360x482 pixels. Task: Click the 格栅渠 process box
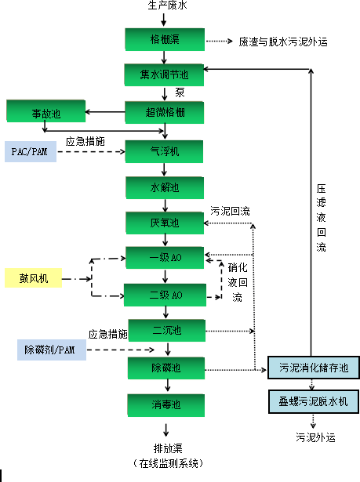tap(165, 39)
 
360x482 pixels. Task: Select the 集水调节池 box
tap(165, 75)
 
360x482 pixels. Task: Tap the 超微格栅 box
tap(165, 111)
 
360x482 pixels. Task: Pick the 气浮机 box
tap(165, 150)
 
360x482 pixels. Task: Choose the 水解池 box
tap(165, 187)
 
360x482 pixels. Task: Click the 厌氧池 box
tap(165, 223)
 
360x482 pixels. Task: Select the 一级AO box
tap(165, 258)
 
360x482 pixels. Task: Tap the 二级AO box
tap(165, 295)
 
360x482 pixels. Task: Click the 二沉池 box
tap(165, 330)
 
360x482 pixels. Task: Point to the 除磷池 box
tap(165, 367)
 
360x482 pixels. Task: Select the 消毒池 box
tap(165, 404)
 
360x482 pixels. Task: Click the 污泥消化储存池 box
tap(313, 367)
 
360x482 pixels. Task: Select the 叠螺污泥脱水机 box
tap(313, 401)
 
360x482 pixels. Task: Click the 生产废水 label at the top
tap(165, 6)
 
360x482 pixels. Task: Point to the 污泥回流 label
tap(230, 211)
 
